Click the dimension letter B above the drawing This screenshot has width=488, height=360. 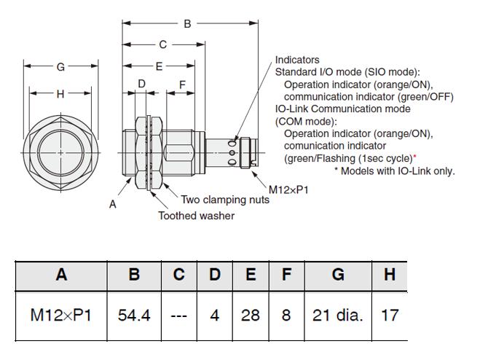(x=187, y=23)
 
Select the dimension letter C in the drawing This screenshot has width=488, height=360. (x=162, y=44)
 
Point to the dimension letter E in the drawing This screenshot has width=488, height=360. (x=159, y=66)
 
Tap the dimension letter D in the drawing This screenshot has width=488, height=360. (x=141, y=84)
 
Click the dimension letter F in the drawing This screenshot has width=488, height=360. (x=182, y=85)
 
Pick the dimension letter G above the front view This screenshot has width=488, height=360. (x=60, y=66)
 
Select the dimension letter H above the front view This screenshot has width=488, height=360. (x=60, y=94)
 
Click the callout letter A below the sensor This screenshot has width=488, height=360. (x=113, y=204)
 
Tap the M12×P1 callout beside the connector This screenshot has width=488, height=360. (x=288, y=189)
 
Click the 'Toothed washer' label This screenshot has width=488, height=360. (x=197, y=216)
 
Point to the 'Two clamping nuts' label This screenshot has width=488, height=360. (x=225, y=199)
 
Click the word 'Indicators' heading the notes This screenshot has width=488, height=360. (x=297, y=60)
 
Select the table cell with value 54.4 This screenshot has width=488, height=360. (x=134, y=316)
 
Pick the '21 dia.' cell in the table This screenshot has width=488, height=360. (x=338, y=316)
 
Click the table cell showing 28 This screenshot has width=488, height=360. (x=251, y=316)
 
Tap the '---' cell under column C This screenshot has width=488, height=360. (x=179, y=316)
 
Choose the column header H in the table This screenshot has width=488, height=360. (x=390, y=275)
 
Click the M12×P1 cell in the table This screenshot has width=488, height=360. (x=61, y=316)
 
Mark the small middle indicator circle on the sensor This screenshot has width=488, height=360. (x=232, y=152)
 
